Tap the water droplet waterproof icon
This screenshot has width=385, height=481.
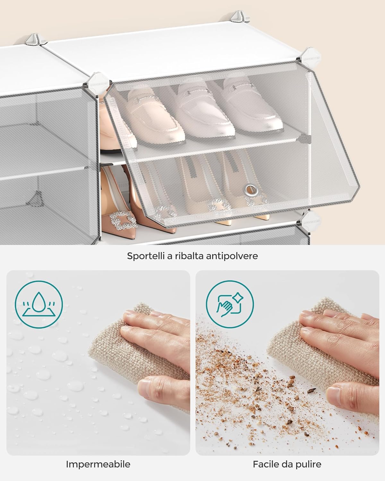point(39,304)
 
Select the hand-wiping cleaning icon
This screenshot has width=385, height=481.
point(230,304)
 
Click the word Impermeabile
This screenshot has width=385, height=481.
point(98,464)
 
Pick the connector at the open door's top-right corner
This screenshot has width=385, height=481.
point(306,57)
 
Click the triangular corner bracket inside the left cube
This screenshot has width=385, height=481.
point(36,199)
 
